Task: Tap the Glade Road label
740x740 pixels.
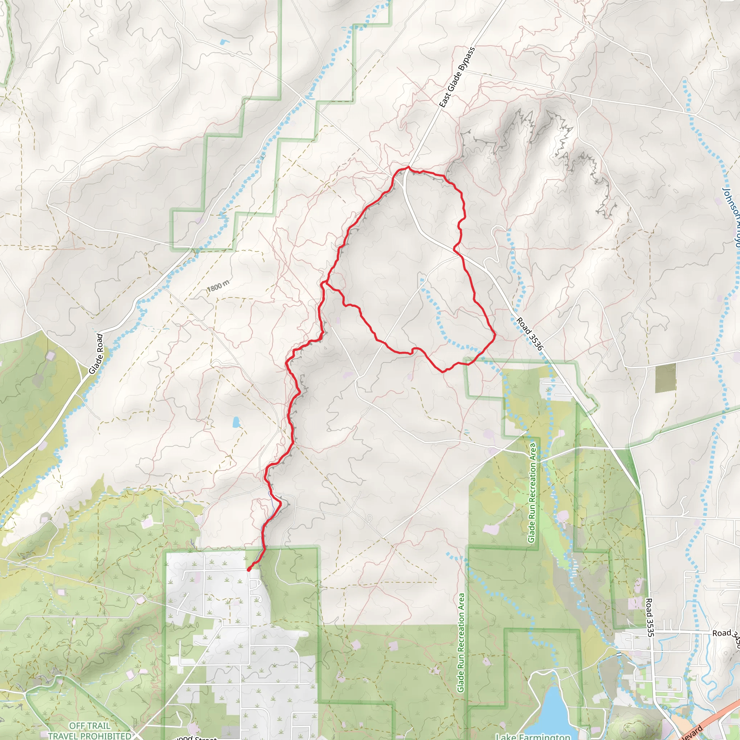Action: tap(96, 354)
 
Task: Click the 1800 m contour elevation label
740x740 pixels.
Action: tap(219, 285)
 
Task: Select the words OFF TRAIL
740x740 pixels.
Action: tap(90, 726)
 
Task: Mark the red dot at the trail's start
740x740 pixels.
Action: tap(249, 569)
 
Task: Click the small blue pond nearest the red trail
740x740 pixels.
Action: tap(236, 422)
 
